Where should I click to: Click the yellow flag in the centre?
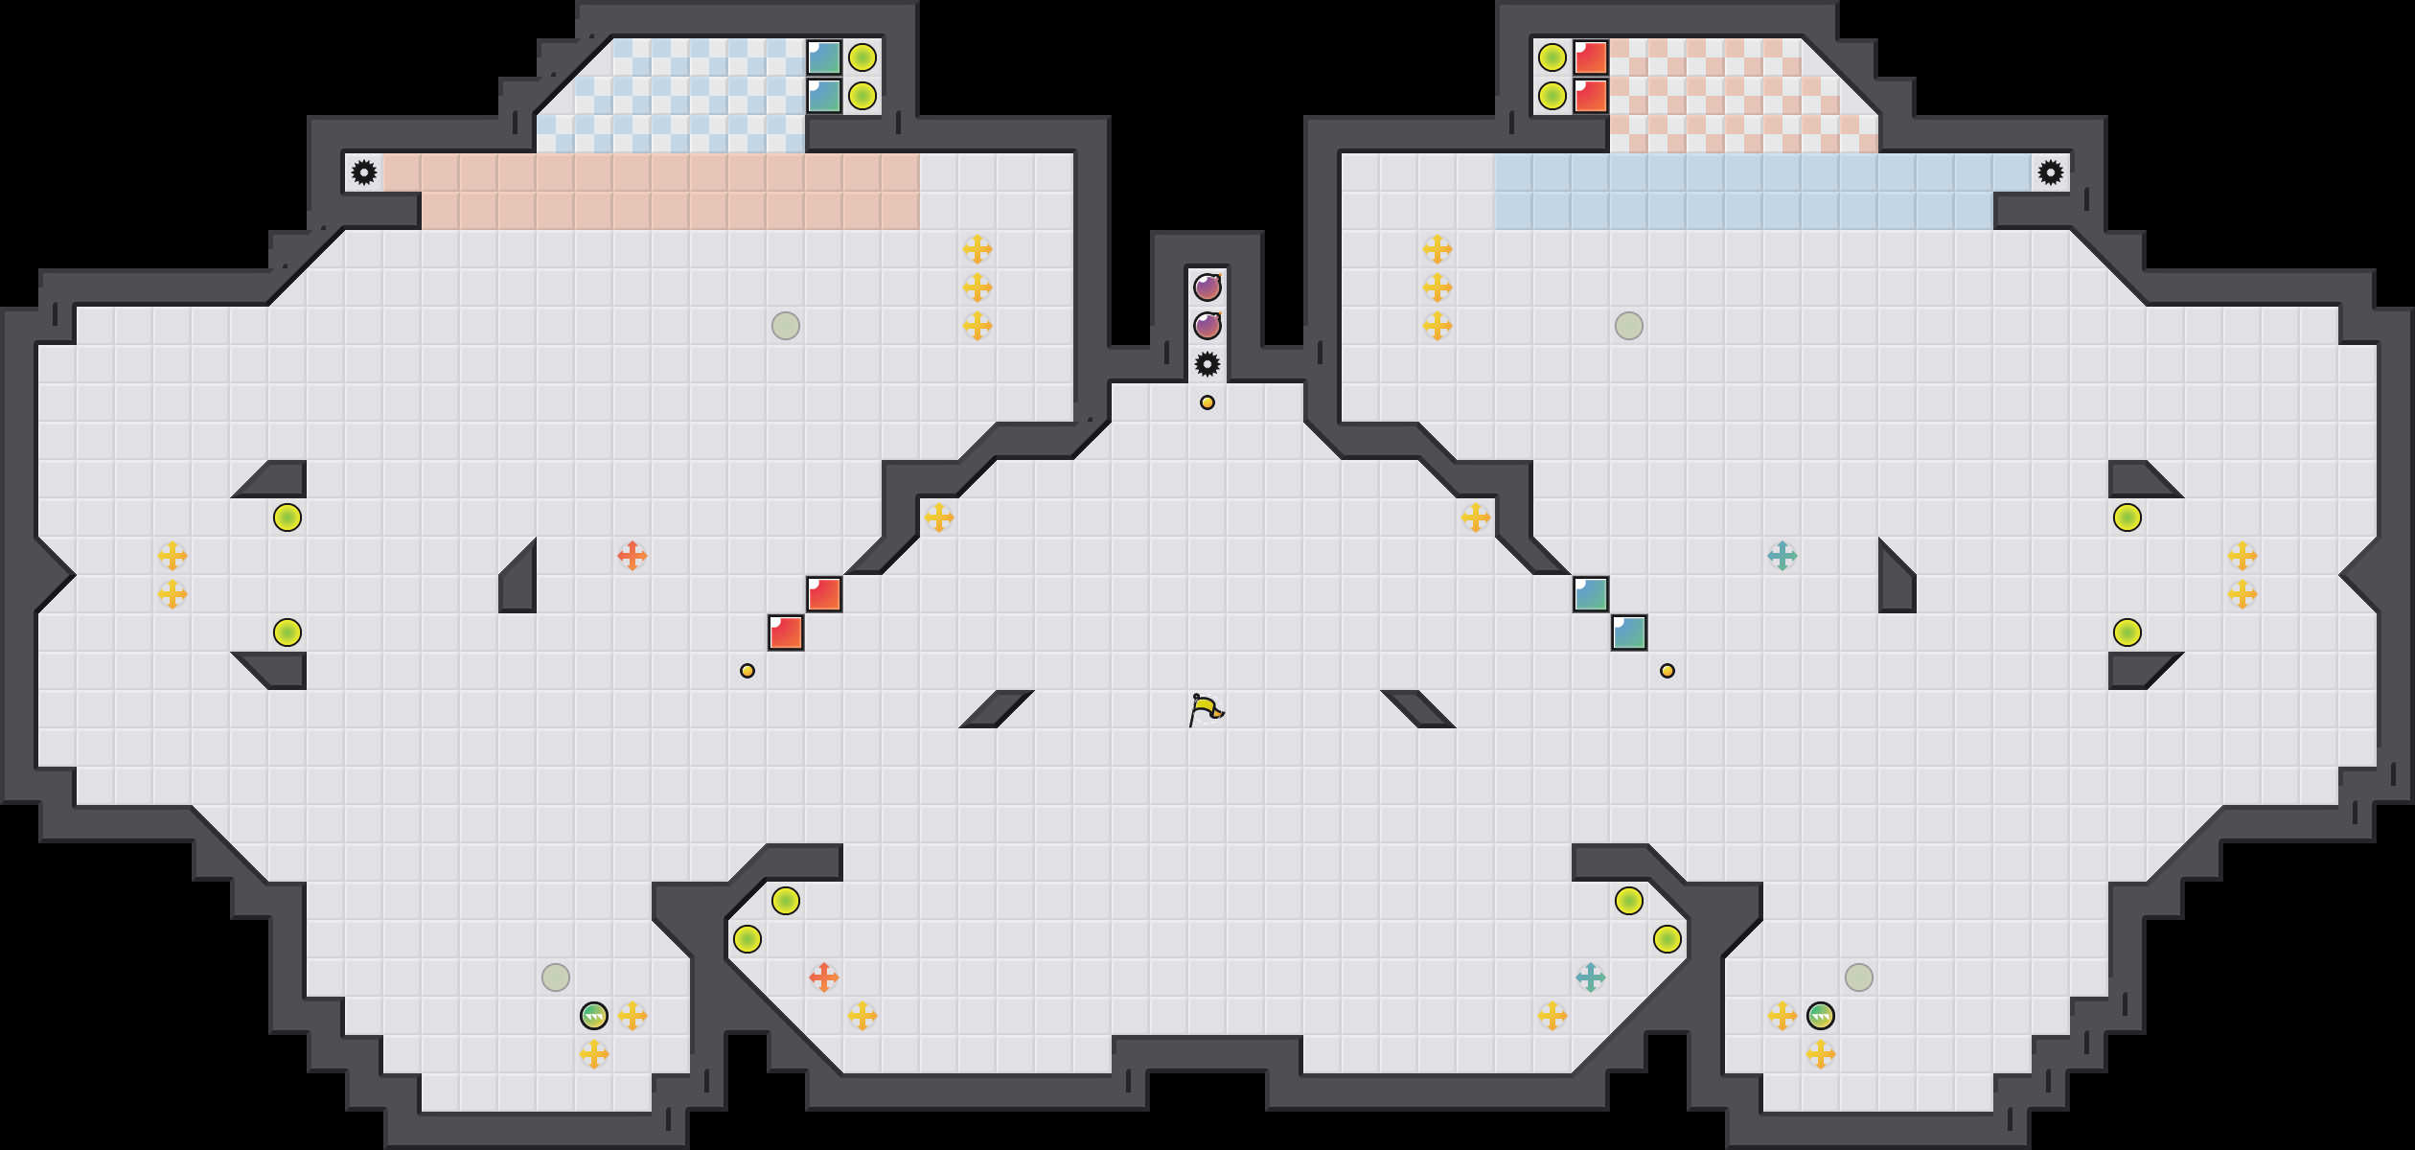[1206, 709]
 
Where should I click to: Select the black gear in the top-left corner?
[364, 172]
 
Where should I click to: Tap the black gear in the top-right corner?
[2050, 172]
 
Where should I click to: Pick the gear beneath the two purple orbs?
[1207, 364]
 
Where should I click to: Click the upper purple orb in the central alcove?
[1207, 287]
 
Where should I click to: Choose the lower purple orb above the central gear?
[1207, 326]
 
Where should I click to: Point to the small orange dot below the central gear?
[1207, 402]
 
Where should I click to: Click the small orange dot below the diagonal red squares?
[747, 671]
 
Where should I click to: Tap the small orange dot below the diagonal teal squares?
[1667, 671]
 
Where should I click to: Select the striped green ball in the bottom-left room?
[594, 1016]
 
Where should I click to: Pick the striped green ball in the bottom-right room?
[1821, 1016]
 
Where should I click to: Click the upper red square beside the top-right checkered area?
[1591, 57]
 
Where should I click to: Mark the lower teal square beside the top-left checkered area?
[824, 96]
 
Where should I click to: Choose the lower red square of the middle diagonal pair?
[786, 632]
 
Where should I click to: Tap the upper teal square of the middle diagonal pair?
[1591, 594]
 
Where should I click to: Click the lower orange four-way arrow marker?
[824, 977]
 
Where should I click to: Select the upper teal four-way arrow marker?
[1782, 556]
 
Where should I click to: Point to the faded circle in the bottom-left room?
[556, 977]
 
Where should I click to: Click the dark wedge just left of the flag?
[997, 709]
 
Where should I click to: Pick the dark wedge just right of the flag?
[1418, 709]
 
